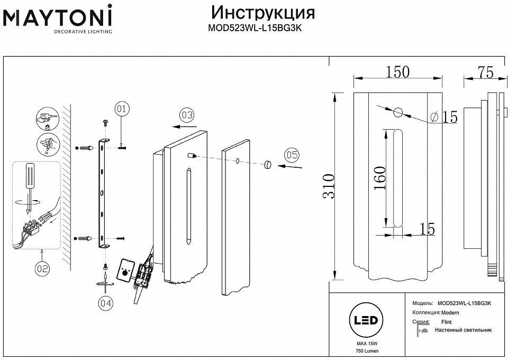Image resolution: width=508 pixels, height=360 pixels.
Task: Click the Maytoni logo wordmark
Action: [x=57, y=16]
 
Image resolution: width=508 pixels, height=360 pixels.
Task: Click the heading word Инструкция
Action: [x=263, y=13]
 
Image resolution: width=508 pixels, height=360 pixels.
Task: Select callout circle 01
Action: [x=122, y=109]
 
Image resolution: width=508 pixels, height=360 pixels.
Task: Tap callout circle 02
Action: [x=42, y=268]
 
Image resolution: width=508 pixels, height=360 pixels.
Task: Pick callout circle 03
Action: [x=187, y=115]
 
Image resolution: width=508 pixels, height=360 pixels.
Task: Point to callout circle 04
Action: [x=106, y=303]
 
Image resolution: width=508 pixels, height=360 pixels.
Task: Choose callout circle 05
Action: [x=292, y=155]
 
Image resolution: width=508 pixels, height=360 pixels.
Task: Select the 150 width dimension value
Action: [x=397, y=72]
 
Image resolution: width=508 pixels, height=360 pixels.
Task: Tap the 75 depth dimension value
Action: [x=485, y=72]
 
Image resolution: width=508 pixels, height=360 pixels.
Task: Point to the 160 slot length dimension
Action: [x=380, y=178]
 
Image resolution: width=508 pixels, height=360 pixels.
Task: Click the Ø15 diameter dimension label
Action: [x=444, y=117]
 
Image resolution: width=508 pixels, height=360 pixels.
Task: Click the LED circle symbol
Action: [x=366, y=320]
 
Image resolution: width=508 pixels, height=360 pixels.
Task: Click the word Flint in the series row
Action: [x=447, y=322]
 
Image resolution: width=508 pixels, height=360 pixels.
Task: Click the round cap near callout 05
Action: [x=268, y=164]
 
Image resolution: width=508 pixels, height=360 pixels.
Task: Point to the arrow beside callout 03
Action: [x=184, y=127]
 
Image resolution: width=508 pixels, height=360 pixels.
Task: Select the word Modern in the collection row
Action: [x=450, y=313]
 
